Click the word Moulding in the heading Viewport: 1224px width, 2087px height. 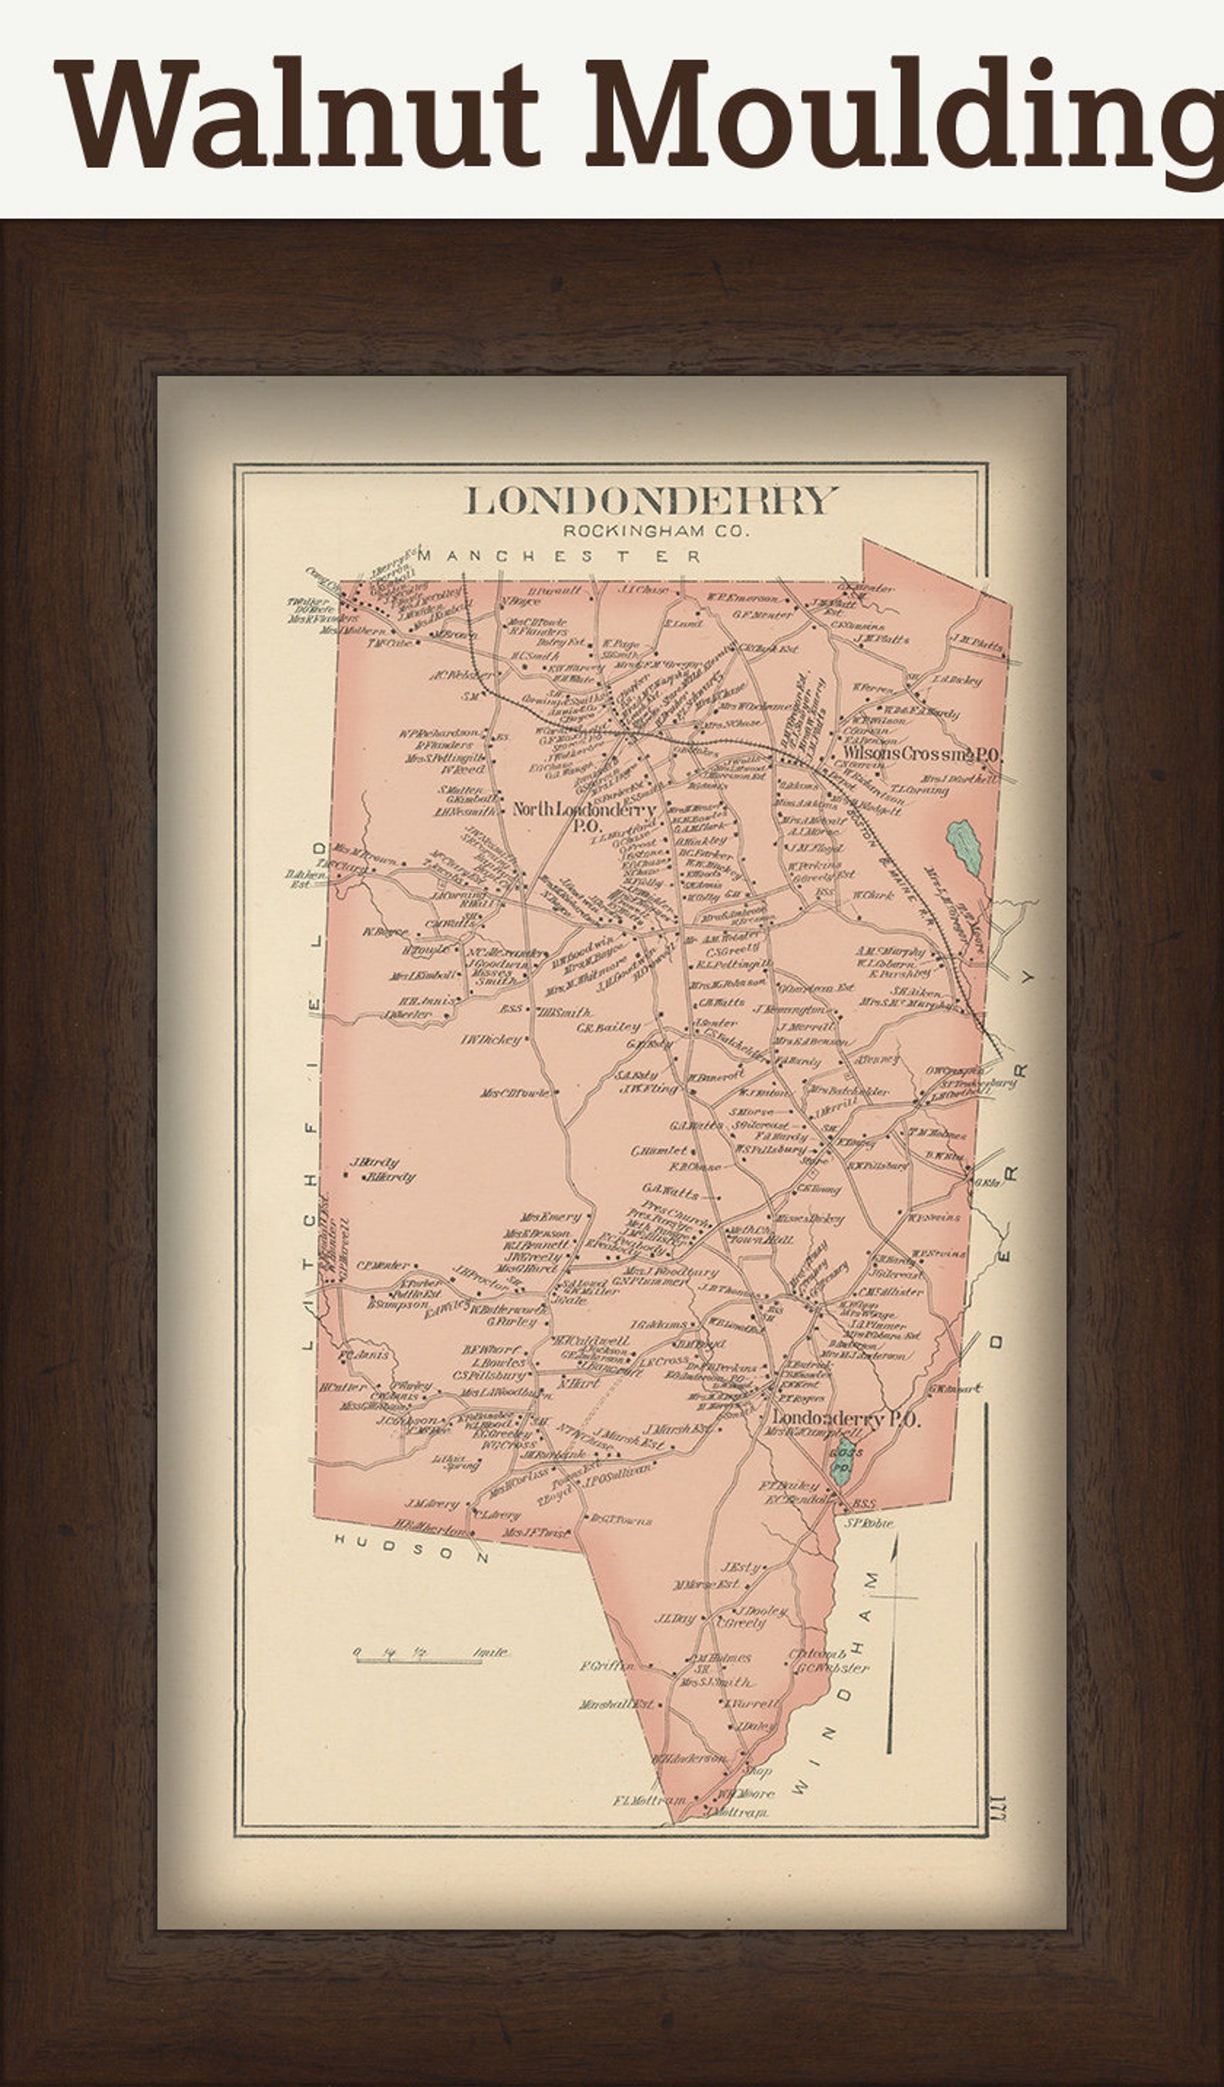tap(903, 116)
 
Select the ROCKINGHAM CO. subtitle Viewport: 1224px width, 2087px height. tap(655, 531)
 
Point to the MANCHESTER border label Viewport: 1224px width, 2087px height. tap(559, 557)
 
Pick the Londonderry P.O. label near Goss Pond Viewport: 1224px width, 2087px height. tap(845, 1419)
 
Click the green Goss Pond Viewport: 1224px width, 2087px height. tap(844, 1461)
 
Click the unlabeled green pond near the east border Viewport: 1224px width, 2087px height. tap(964, 849)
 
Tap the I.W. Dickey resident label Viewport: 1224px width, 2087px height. tap(491, 1038)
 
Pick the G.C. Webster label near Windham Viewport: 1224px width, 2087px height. tap(832, 1668)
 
